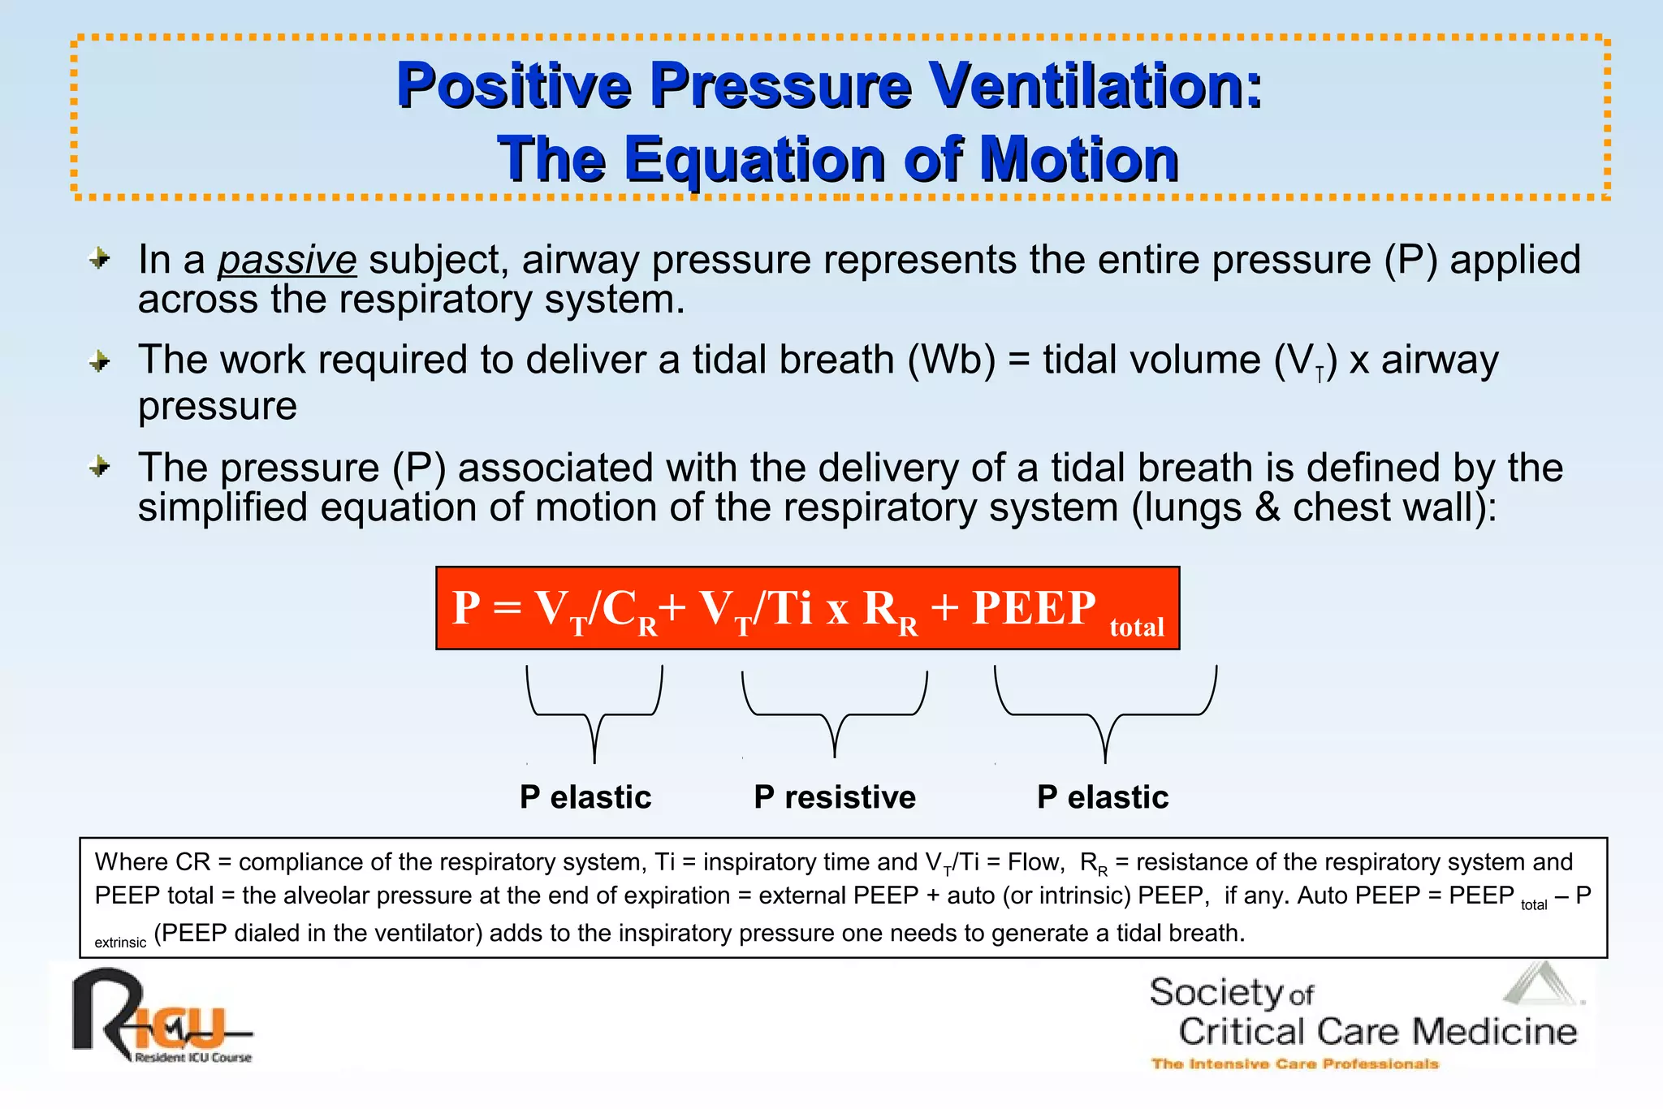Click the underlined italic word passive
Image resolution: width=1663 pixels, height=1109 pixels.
(287, 261)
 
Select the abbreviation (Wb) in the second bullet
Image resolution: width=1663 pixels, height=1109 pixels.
(951, 360)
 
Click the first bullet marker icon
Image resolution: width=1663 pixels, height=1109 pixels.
(100, 259)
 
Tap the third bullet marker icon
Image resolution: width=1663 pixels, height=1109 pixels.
(100, 467)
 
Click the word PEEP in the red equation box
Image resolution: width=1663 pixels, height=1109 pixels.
(1034, 607)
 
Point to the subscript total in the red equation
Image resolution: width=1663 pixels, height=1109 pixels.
(1137, 627)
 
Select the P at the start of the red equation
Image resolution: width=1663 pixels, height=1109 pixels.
(466, 607)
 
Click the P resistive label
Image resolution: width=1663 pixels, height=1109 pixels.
(834, 797)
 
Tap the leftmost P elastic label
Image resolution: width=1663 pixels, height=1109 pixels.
(585, 797)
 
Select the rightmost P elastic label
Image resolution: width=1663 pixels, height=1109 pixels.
(1103, 797)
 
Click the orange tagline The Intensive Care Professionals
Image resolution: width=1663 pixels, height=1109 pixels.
(1294, 1064)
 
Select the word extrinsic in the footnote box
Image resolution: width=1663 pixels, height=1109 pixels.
(120, 943)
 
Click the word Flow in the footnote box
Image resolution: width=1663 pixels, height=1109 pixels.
(1035, 862)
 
